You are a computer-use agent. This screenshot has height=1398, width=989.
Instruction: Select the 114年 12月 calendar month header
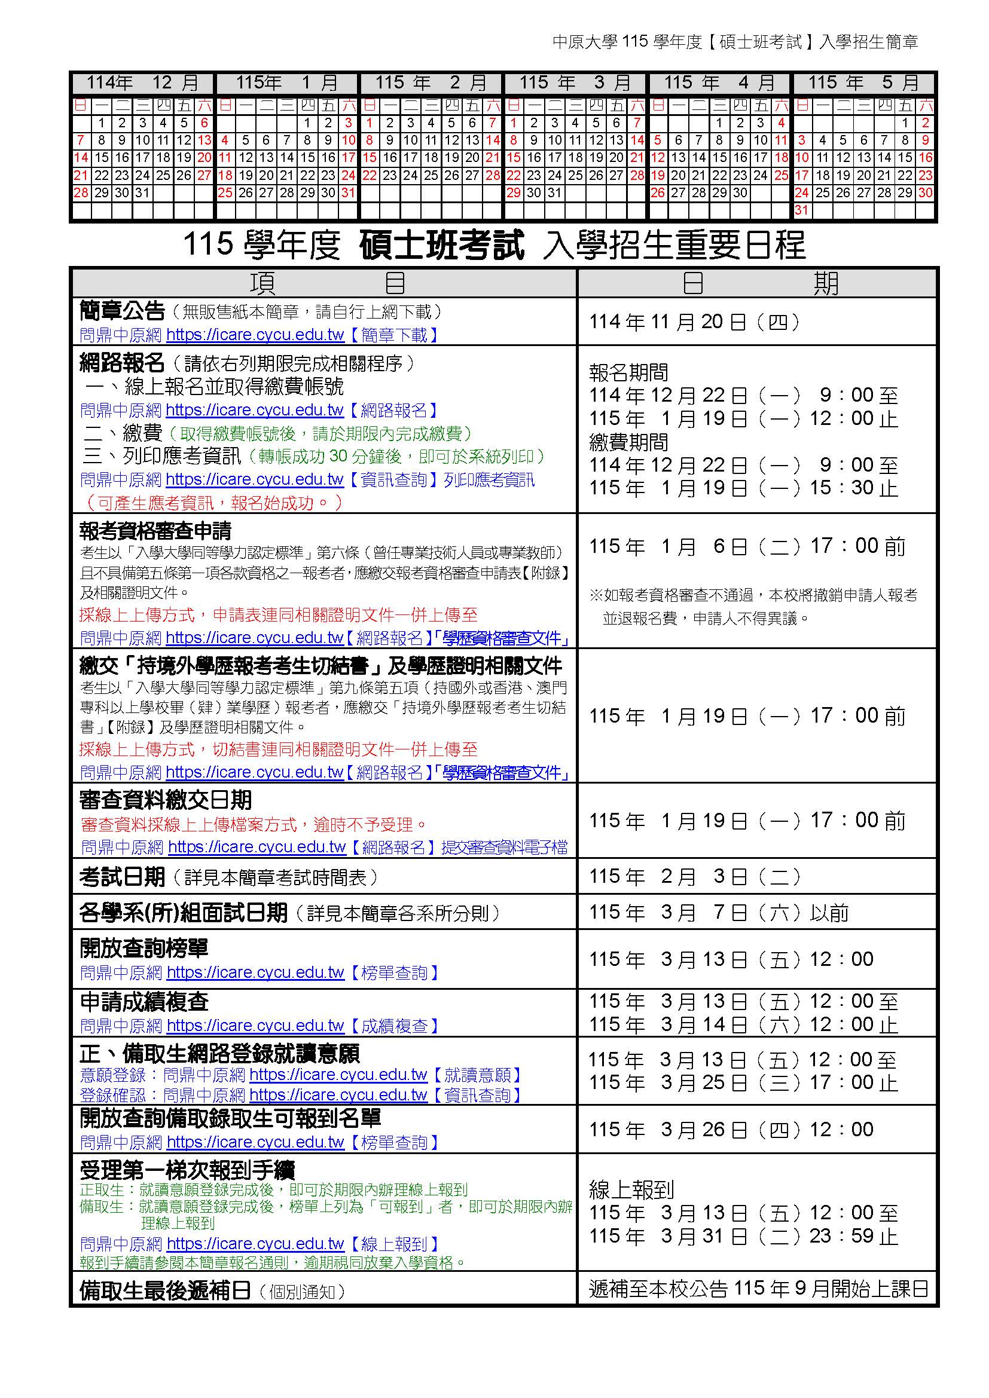142,83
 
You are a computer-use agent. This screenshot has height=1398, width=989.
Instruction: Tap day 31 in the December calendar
142,193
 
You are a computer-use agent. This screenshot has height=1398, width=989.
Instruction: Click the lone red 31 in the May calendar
802,210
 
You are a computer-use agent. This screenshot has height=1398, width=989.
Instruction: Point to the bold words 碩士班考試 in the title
441,246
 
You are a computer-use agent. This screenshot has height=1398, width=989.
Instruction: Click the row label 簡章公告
122,311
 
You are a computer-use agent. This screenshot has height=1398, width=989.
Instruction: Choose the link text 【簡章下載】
393,335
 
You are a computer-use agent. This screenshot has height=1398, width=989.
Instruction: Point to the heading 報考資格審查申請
155,531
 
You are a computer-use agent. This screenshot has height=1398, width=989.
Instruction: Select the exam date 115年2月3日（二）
694,877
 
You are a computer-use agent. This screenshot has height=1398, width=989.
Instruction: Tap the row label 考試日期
122,877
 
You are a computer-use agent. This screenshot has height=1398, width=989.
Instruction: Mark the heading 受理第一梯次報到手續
188,1170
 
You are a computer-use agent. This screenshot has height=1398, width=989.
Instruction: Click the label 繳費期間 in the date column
628,442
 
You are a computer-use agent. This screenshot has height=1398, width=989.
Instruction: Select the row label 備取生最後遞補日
165,1290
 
